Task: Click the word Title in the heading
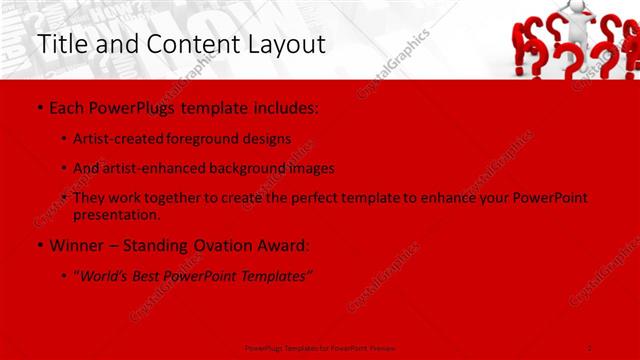[x=61, y=45]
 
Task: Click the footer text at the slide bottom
[x=319, y=347]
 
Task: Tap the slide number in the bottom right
[x=590, y=347]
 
